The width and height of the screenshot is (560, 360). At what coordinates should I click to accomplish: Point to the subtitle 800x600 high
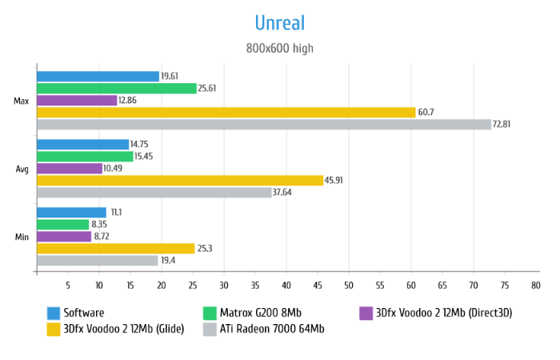coord(280,49)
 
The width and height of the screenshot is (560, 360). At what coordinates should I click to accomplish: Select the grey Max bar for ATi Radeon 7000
coord(264,124)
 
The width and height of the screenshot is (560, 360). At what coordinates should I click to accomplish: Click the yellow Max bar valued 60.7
coord(226,112)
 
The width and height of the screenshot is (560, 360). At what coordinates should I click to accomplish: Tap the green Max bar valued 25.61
coord(117,88)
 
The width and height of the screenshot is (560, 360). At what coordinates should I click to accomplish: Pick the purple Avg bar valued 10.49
coord(70,168)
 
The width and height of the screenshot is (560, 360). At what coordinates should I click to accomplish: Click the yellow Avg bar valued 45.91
coord(180,180)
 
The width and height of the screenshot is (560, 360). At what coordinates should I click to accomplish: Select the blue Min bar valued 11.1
coord(71,212)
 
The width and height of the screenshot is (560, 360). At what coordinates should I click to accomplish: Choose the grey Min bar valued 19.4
coord(98,260)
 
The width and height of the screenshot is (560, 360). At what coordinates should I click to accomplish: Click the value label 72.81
coord(504,124)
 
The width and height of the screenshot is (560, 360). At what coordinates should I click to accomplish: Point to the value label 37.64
coord(285,192)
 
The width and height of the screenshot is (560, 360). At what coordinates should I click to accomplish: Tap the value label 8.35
coord(101,224)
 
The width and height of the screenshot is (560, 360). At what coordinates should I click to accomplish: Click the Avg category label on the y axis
coord(22,169)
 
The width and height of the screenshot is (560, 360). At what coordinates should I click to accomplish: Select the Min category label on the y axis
coord(22,237)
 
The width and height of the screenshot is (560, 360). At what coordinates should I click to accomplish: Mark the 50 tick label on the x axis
coord(349,285)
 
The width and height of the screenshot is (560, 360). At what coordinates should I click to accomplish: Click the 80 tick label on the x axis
coord(535,285)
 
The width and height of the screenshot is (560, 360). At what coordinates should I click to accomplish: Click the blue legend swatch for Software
coord(54,313)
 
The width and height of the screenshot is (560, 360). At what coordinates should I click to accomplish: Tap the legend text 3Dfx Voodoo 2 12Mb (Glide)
coord(124,329)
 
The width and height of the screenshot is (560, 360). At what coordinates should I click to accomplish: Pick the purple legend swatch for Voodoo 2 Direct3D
coord(366,313)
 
